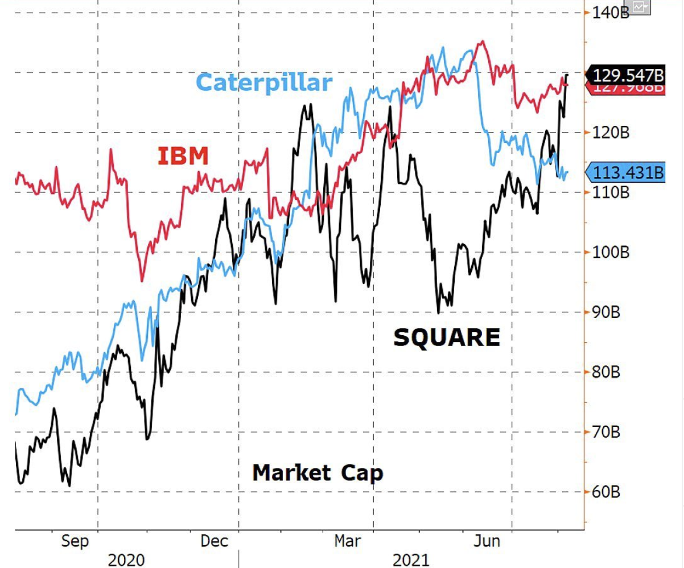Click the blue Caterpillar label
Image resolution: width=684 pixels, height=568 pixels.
(263, 83)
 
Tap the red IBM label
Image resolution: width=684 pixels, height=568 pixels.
(183, 155)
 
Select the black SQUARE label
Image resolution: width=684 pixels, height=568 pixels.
(447, 337)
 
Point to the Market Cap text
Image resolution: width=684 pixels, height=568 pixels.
(318, 472)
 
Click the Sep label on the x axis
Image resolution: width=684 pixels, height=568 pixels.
(75, 541)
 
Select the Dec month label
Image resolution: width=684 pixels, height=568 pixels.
(214, 541)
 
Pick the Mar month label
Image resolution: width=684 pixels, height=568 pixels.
(347, 541)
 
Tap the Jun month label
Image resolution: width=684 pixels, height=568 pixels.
(487, 541)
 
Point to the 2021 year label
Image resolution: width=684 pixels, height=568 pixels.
(411, 560)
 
